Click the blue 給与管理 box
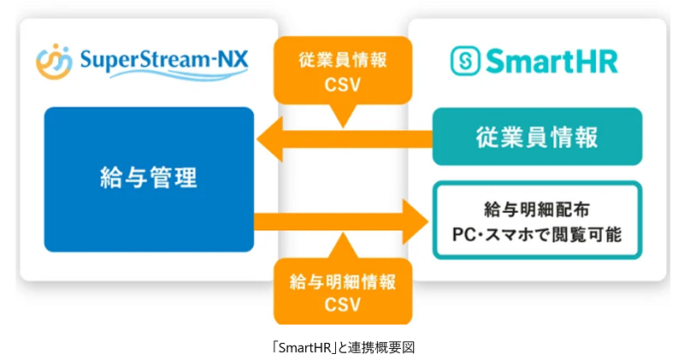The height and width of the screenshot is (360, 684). (149, 179)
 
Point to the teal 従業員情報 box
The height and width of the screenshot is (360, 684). (537, 137)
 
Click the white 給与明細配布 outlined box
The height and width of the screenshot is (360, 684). (537, 220)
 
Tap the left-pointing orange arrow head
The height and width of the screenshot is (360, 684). (272, 137)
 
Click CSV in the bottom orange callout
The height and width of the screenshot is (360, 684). (342, 304)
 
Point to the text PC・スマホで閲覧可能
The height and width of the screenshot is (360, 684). (537, 233)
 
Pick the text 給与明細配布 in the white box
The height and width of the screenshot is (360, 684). (537, 208)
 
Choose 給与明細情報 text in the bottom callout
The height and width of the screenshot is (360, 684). (342, 280)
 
